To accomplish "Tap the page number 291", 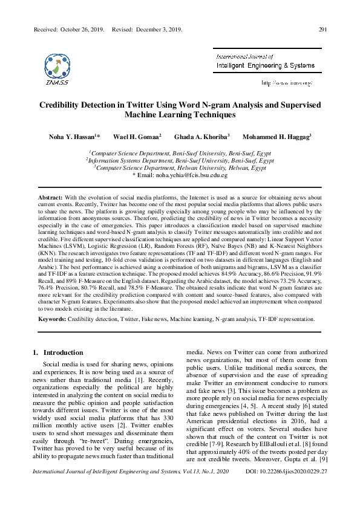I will coord(322,29).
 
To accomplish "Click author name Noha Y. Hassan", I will coord(72,137).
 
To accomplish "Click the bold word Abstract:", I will coord(50,198).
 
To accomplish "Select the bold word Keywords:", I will coord(52,318).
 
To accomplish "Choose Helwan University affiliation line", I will coord(180,168).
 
